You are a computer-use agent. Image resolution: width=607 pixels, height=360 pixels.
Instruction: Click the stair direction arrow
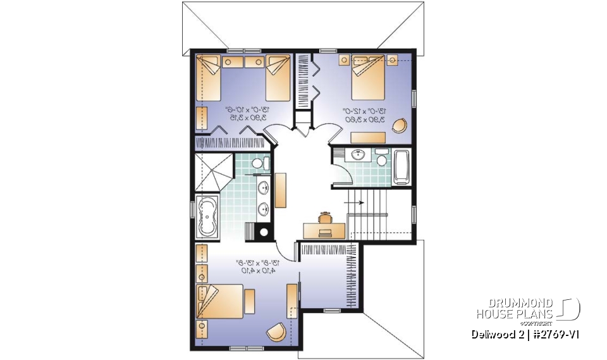tap(353, 202)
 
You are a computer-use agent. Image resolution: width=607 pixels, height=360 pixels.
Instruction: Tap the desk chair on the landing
tap(325, 217)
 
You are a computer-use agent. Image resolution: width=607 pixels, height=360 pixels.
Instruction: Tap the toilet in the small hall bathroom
tap(381, 159)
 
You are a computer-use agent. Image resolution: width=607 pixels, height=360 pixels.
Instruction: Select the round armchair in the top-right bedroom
tap(400, 125)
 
